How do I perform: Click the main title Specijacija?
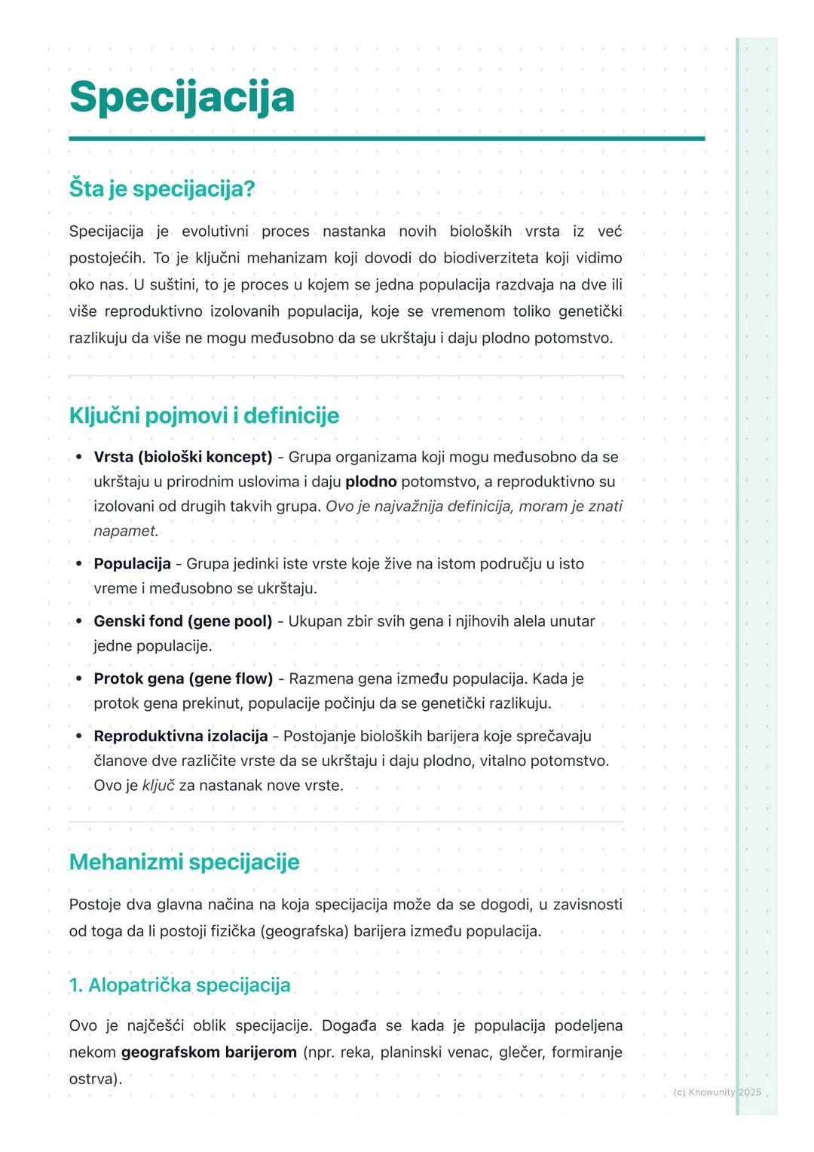click(182, 97)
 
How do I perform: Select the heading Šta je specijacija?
click(162, 188)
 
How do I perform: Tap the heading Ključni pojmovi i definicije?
click(203, 415)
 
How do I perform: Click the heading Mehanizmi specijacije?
click(184, 862)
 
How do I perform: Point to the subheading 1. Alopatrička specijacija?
click(179, 985)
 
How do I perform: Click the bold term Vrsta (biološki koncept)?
click(182, 457)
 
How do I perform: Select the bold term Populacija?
click(132, 564)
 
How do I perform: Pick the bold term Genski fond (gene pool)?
click(182, 621)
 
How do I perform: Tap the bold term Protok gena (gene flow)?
click(183, 679)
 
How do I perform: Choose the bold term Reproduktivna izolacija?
click(180, 736)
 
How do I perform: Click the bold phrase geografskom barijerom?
click(209, 1052)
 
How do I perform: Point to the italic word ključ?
click(158, 786)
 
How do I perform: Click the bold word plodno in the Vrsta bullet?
click(371, 482)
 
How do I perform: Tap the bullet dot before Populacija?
click(79, 564)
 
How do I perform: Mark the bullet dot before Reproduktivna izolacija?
click(79, 736)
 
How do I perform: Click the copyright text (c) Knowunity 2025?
click(717, 1092)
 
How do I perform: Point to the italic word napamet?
click(124, 531)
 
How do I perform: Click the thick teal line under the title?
click(387, 139)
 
